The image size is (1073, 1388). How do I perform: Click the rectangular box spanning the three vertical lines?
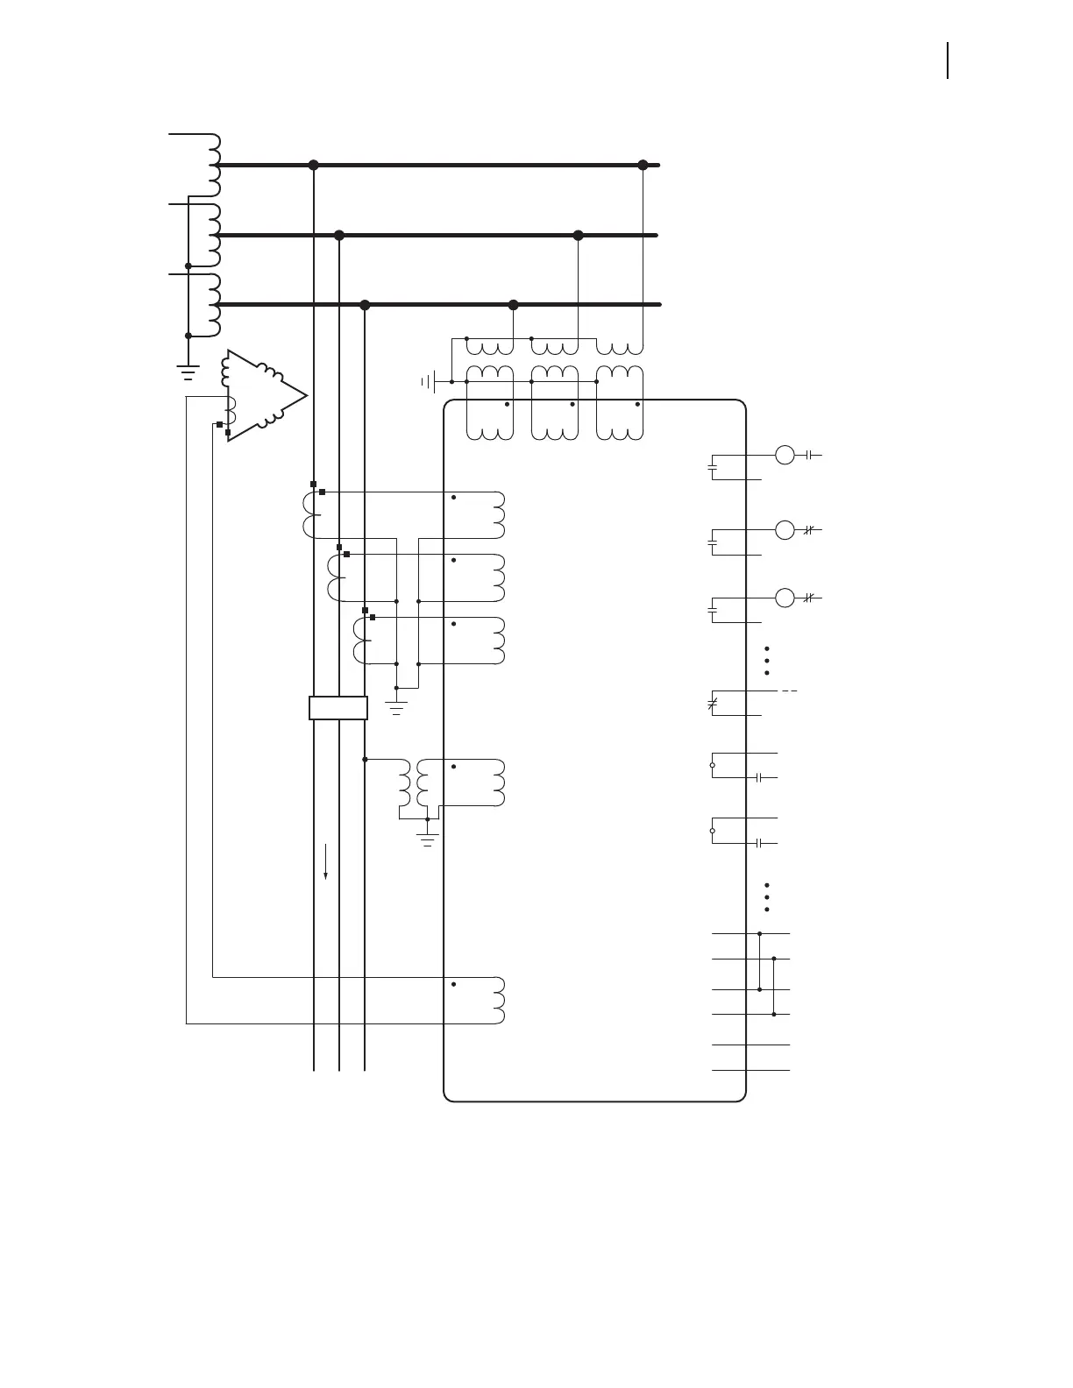(338, 708)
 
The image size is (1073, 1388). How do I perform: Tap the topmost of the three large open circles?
(785, 455)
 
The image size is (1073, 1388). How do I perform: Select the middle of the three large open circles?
(785, 530)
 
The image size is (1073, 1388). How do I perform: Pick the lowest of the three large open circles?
(785, 598)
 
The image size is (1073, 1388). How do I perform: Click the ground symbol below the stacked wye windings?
(188, 372)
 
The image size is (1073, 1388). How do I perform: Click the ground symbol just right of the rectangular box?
(396, 708)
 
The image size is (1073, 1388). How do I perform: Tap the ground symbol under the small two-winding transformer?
(428, 839)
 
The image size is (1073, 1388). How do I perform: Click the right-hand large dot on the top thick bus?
(643, 165)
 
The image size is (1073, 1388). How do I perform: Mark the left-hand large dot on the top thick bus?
(314, 165)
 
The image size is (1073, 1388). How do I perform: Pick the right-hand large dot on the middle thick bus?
(578, 235)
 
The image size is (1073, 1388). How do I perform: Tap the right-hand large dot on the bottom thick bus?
(514, 305)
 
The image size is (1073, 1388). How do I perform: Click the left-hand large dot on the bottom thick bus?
(366, 305)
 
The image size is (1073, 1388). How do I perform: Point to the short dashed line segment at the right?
(789, 691)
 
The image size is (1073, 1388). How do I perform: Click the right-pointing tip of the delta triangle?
(307, 396)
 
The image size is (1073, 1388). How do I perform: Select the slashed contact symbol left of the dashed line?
(712, 703)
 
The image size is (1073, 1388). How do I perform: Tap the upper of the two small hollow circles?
(712, 765)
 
